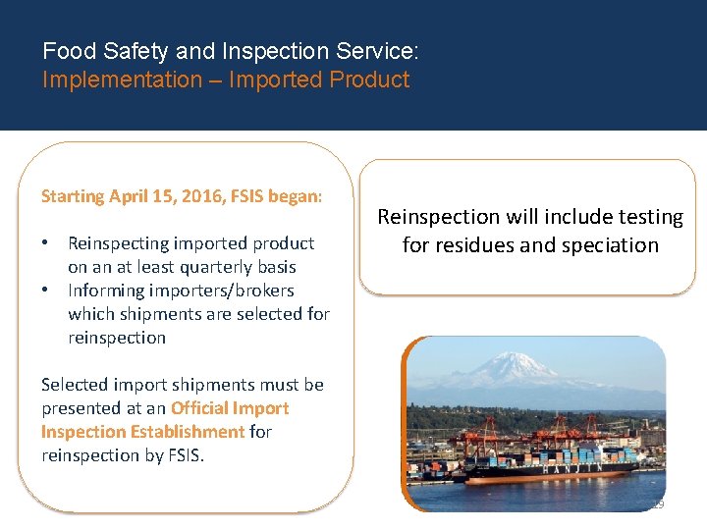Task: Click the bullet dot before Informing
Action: (x=46, y=291)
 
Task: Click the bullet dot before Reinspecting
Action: (x=46, y=243)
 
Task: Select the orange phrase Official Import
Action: (x=230, y=408)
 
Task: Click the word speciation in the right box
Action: (x=610, y=245)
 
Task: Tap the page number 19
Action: (x=656, y=504)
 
